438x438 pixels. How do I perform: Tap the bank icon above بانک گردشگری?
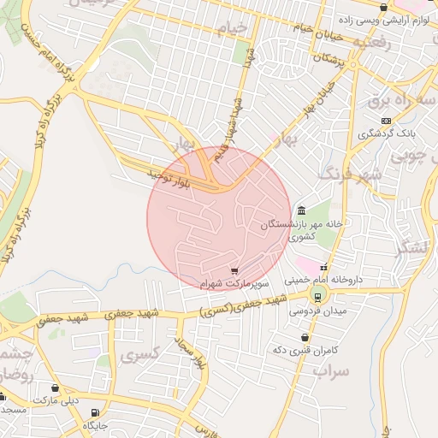click(x=386, y=121)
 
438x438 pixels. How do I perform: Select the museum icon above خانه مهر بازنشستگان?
click(x=301, y=210)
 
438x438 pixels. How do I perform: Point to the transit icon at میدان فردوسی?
click(x=317, y=297)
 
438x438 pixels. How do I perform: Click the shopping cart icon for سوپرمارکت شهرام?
click(x=234, y=270)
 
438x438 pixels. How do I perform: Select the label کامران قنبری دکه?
click(x=306, y=350)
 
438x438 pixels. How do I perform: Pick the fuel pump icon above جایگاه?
click(x=94, y=412)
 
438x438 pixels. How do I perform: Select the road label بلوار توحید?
click(x=155, y=176)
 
